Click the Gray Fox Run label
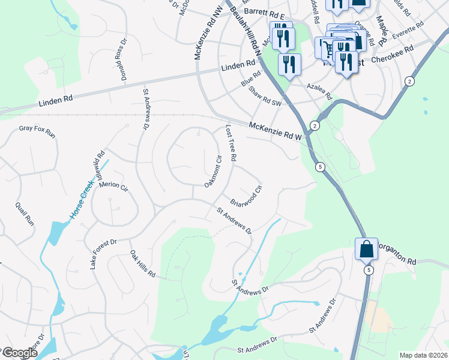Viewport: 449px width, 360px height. [x=37, y=131]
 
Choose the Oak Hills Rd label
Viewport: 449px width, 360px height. [x=143, y=265]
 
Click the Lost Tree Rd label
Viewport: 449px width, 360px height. [x=231, y=143]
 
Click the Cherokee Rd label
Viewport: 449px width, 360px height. [x=393, y=60]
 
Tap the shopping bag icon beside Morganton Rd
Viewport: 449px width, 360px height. [x=366, y=248]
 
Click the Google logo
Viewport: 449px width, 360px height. [x=19, y=353]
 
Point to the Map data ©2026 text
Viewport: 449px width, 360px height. [x=423, y=355]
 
